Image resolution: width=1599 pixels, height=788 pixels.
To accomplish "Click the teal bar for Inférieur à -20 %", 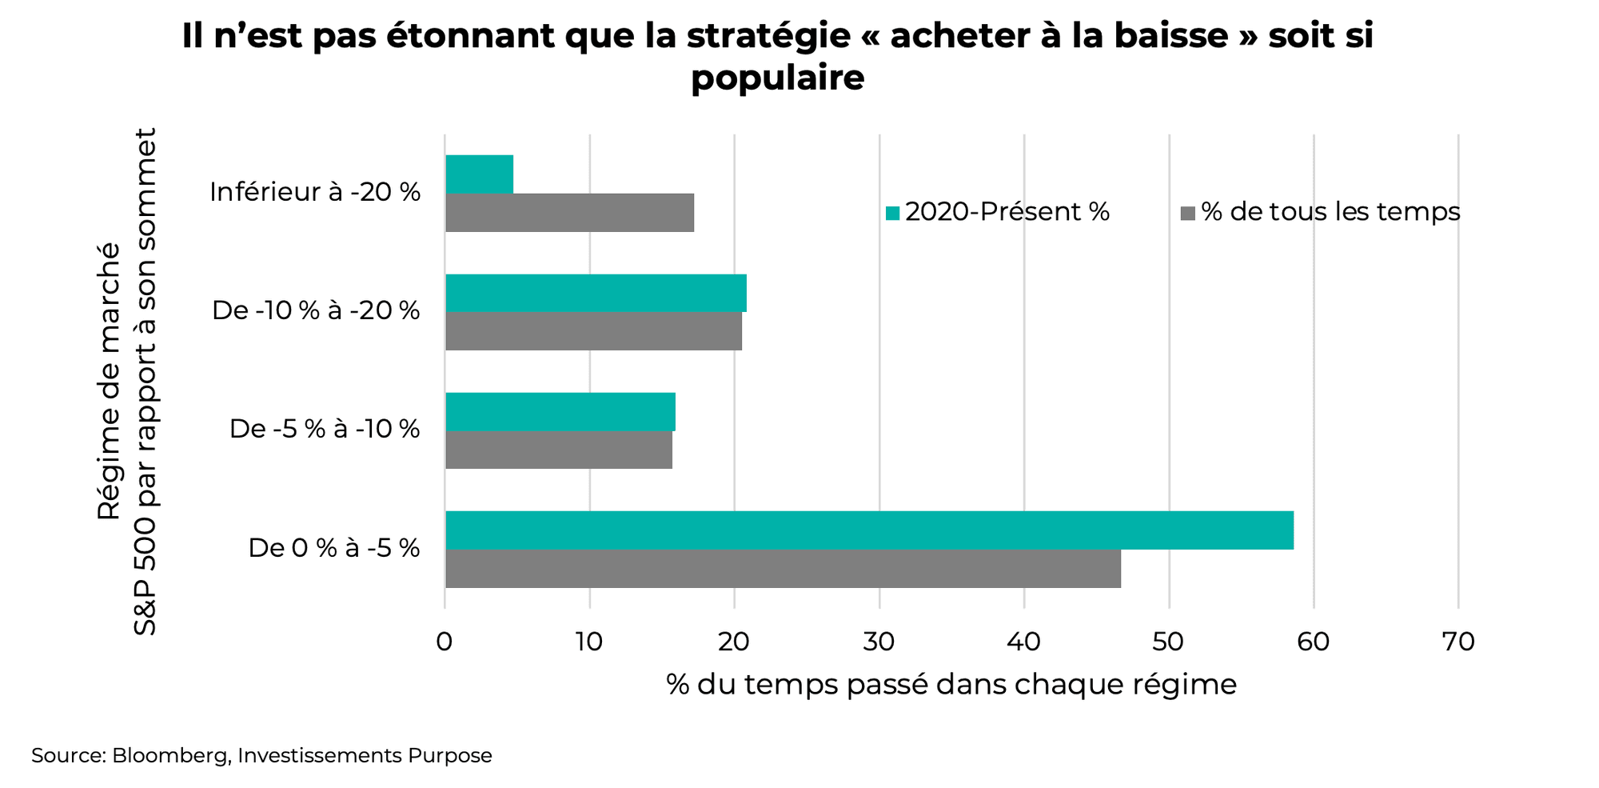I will click(x=479, y=174).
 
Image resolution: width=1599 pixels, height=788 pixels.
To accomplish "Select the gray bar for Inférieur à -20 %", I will click(x=569, y=213).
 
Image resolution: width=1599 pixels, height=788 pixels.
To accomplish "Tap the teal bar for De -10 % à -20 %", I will click(x=596, y=293).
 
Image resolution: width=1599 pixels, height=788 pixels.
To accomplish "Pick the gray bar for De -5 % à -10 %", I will click(x=558, y=450).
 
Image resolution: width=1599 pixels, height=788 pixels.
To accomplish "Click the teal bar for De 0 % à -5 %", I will click(x=869, y=530).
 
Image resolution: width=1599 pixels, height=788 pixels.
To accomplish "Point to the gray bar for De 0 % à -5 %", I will click(x=783, y=569).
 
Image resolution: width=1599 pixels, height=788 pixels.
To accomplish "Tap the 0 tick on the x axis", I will click(x=445, y=642).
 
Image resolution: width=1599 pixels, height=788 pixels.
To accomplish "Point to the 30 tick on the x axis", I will click(x=879, y=642).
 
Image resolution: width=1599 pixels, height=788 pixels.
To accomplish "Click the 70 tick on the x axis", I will click(x=1458, y=642).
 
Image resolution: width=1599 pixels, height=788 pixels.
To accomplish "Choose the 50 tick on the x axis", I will click(x=1169, y=642).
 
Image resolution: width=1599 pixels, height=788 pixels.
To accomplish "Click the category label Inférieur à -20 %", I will click(x=315, y=192).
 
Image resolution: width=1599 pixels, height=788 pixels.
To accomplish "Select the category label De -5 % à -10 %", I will click(x=325, y=429).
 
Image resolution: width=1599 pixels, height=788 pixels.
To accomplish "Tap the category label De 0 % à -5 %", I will click(x=334, y=548).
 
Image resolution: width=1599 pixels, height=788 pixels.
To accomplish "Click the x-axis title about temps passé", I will click(x=951, y=685).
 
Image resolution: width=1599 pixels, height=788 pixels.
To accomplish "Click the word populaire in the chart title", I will click(x=777, y=78).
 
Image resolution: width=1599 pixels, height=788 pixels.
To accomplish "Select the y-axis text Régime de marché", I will click(x=109, y=381).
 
